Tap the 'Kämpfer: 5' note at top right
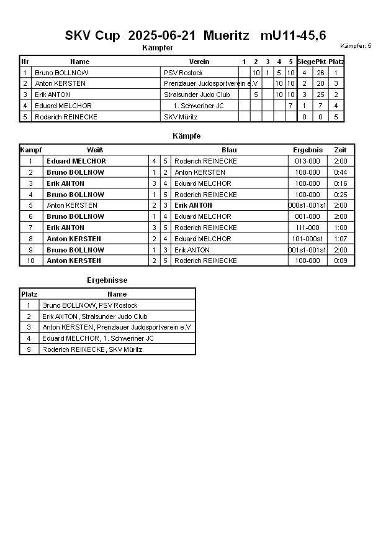click(356, 46)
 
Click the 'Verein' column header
click(199, 62)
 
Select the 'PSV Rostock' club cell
click(183, 73)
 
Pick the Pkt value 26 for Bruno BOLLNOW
click(320, 73)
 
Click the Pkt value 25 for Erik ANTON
click(320, 95)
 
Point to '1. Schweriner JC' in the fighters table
click(199, 106)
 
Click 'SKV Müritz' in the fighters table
click(181, 117)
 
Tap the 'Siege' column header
click(305, 62)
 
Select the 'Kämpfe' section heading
click(186, 136)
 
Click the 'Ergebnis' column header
click(308, 150)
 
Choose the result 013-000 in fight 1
click(308, 161)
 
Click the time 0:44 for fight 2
click(341, 172)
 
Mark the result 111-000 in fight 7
click(308, 228)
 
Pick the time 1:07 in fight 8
click(341, 239)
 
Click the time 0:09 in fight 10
click(341, 261)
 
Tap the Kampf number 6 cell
click(30, 216)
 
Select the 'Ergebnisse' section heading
click(107, 280)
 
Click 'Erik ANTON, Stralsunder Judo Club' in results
click(94, 316)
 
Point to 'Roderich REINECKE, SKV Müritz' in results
click(92, 349)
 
